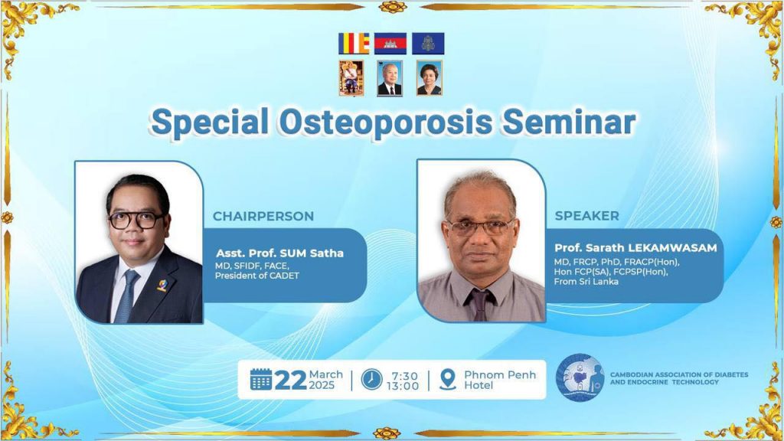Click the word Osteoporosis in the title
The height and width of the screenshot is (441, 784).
[386, 122]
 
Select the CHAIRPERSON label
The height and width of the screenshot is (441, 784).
[263, 216]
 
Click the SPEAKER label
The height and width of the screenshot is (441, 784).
[586, 216]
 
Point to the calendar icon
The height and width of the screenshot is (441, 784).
[260, 379]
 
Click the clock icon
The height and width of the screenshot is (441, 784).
[371, 380]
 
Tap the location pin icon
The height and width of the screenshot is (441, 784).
[447, 380]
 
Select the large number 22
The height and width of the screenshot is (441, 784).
[290, 381]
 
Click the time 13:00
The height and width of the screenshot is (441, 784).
[403, 386]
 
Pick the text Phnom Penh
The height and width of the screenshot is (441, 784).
[500, 374]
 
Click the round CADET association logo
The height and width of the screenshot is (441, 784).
[580, 378]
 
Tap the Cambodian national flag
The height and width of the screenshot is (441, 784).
[390, 44]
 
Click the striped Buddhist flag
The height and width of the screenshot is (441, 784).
[354, 44]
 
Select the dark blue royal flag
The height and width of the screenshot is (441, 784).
[428, 44]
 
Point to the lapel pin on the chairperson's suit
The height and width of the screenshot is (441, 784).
[162, 285]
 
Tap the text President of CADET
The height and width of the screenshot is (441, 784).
[257, 276]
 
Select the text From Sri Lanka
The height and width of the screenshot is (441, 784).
[586, 282]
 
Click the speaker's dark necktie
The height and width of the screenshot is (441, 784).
[479, 304]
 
